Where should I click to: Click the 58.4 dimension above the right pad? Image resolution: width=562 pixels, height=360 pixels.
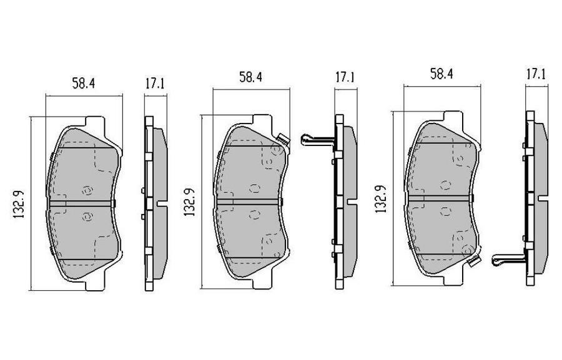[x=440, y=74]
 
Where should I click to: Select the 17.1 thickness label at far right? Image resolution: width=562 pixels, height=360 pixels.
[x=535, y=74]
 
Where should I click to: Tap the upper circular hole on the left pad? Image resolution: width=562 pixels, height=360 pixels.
[x=86, y=189]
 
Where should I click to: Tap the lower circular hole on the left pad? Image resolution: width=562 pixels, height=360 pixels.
[x=86, y=216]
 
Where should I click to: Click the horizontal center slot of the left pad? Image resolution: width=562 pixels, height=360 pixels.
[x=82, y=203]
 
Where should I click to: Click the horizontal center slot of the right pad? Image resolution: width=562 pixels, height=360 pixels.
[x=440, y=197]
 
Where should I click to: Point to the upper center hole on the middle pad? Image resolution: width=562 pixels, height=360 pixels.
[x=254, y=188]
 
